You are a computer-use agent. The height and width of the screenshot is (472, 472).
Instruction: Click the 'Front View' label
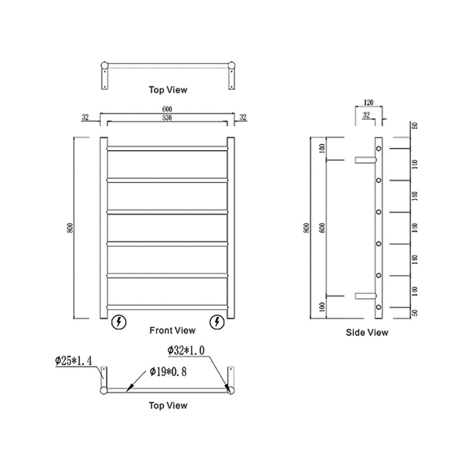[172, 330]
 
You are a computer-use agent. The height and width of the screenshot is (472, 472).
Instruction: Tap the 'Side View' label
[367, 333]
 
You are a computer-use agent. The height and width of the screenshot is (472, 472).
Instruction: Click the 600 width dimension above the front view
[167, 109]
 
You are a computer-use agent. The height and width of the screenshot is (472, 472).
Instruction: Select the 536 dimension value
[167, 118]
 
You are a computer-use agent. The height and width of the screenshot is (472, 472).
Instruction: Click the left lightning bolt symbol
[119, 322]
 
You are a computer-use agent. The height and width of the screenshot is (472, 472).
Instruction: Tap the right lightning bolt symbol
[217, 322]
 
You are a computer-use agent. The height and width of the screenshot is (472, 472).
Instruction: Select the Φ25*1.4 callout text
[73, 361]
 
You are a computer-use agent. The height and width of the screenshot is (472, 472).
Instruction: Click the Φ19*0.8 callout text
[168, 372]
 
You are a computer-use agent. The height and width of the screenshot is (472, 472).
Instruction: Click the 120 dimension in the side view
[368, 103]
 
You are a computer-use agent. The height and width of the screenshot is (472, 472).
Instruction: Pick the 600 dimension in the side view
[322, 228]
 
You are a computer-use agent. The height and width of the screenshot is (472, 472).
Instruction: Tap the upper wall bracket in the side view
[364, 160]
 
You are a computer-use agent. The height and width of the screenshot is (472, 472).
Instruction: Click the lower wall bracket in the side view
[364, 296]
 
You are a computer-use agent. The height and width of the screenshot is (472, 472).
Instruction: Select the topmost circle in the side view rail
[379, 149]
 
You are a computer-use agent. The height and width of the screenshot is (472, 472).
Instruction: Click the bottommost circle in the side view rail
[379, 307]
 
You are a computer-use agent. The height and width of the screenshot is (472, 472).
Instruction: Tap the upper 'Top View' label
[168, 90]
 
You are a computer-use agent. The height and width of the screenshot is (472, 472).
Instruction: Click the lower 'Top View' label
[168, 406]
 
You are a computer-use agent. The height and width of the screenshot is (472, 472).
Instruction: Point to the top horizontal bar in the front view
[167, 149]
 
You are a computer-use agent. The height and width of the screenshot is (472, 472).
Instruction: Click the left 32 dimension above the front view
[85, 117]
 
